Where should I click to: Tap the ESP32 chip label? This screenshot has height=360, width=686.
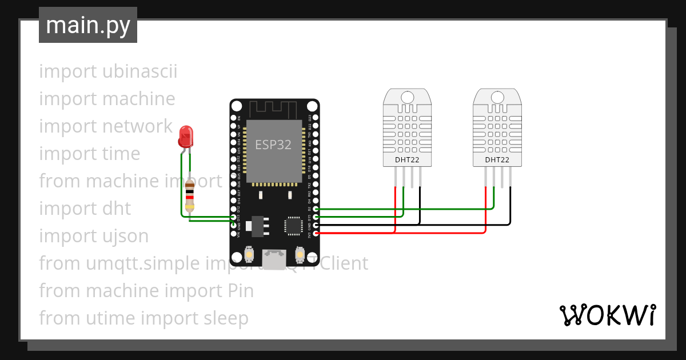pyautogui.click(x=273, y=145)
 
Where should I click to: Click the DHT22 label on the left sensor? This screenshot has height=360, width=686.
pyautogui.click(x=407, y=160)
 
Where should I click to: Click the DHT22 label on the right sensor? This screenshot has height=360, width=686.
pyautogui.click(x=497, y=160)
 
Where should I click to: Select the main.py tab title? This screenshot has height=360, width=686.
pyautogui.click(x=88, y=25)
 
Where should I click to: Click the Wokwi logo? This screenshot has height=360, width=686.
pyautogui.click(x=607, y=315)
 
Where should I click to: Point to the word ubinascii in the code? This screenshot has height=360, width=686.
pyautogui.click(x=140, y=72)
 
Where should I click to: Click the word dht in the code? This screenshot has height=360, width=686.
pyautogui.click(x=117, y=209)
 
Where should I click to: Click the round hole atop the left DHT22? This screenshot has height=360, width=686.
pyautogui.click(x=407, y=97)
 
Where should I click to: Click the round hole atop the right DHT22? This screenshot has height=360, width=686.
pyautogui.click(x=497, y=97)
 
